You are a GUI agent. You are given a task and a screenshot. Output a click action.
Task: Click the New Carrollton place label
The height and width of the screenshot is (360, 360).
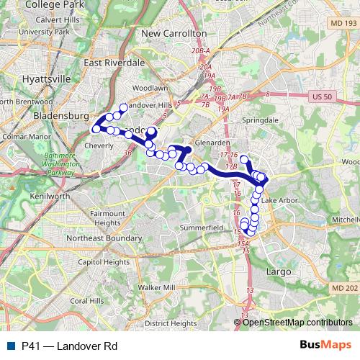(x=174, y=33)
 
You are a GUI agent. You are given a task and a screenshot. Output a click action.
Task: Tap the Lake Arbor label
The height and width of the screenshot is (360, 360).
(x=279, y=199)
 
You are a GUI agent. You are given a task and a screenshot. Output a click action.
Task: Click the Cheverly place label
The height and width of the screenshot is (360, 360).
(x=99, y=145)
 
